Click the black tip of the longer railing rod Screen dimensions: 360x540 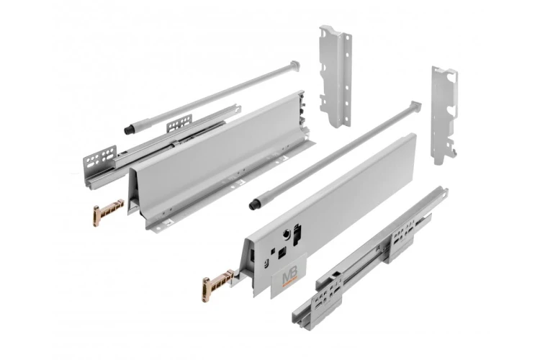255,205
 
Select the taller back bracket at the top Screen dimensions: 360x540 335,76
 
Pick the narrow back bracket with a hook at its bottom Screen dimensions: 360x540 444,112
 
